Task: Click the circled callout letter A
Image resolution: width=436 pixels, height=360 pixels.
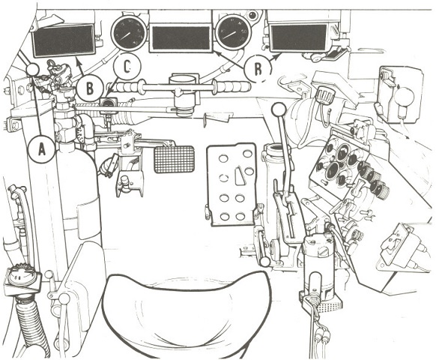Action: click(42, 151)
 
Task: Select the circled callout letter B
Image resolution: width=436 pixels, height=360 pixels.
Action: click(89, 89)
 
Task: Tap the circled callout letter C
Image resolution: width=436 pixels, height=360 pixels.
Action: click(127, 67)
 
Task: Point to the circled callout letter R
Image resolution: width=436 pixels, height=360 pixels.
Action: click(258, 69)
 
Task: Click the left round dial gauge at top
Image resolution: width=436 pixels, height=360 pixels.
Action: click(128, 33)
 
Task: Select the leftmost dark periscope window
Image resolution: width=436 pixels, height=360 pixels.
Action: click(64, 40)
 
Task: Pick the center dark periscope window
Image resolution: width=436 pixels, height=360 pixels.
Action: click(181, 38)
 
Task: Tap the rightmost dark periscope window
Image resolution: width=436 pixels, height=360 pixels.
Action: click(299, 37)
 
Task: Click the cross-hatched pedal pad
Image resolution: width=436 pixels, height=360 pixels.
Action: click(174, 159)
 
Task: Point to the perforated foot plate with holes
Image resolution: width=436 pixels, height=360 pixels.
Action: click(231, 184)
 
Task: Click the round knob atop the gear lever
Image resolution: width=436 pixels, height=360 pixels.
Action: click(279, 109)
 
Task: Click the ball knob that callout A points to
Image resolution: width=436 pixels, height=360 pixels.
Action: click(32, 70)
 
